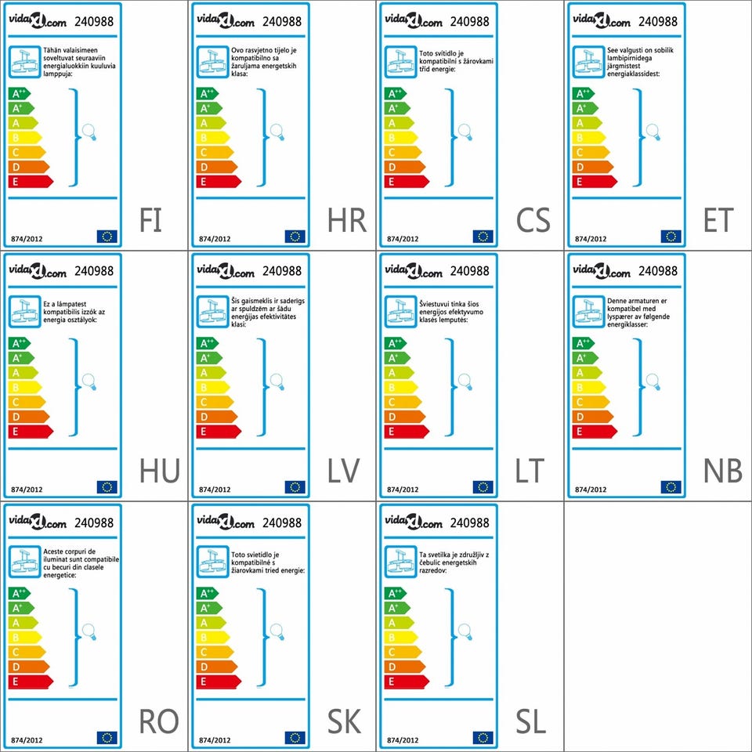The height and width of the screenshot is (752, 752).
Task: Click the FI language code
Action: click(150, 221)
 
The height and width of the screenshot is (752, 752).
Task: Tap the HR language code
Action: click(347, 221)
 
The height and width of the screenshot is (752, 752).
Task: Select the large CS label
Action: click(533, 221)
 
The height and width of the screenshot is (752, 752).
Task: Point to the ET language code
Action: click(718, 221)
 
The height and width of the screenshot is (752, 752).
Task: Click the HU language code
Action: click(159, 472)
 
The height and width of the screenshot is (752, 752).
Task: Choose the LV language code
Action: click(344, 472)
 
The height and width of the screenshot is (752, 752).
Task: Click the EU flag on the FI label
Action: click(107, 237)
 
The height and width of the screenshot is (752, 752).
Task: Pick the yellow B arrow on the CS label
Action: click(400, 138)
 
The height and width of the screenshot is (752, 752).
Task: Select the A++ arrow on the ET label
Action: click(583, 94)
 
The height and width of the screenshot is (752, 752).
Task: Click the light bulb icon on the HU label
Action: click(89, 382)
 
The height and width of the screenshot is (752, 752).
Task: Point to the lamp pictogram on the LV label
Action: click(213, 311)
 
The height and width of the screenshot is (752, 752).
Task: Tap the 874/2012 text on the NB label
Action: click(591, 490)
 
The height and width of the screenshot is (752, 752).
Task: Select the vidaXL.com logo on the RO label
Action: click(38, 522)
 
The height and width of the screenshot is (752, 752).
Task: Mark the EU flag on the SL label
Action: click(483, 738)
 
